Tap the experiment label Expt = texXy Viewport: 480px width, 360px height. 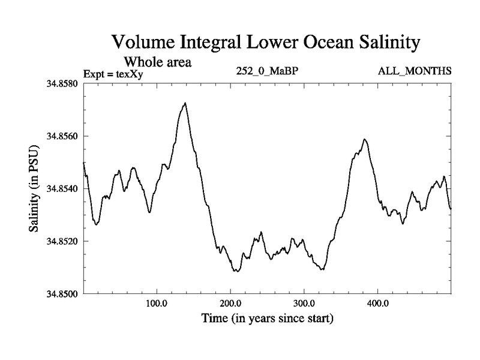pyautogui.click(x=113, y=74)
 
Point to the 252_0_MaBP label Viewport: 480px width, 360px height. pyautogui.click(x=268, y=71)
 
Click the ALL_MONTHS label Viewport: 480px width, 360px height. pyautogui.click(x=414, y=71)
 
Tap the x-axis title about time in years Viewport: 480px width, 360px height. pyautogui.click(x=267, y=318)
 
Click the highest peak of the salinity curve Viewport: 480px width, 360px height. pyautogui.click(x=185, y=103)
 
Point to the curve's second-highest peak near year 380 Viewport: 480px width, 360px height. pyautogui.click(x=364, y=139)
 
